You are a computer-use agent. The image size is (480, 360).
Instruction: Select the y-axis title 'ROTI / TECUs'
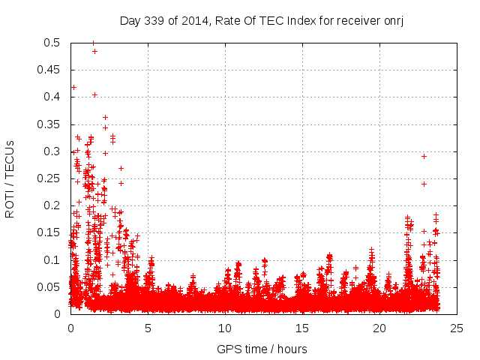pos(10,178)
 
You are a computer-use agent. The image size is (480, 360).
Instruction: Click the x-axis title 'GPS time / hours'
pos(262,349)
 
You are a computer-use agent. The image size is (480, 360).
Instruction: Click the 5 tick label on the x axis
pos(148,328)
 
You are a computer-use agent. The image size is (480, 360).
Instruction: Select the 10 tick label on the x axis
pos(225,328)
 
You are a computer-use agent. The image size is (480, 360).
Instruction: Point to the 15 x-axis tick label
pos(302,328)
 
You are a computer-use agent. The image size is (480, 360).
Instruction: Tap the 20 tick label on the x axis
pos(379,328)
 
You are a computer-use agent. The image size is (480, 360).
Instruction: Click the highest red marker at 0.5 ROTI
pos(93,43)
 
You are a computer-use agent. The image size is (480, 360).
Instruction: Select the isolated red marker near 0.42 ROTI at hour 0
pos(73,87)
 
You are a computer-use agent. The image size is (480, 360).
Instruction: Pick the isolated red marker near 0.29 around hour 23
pos(424,156)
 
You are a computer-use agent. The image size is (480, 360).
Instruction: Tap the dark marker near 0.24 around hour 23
pos(424,184)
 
